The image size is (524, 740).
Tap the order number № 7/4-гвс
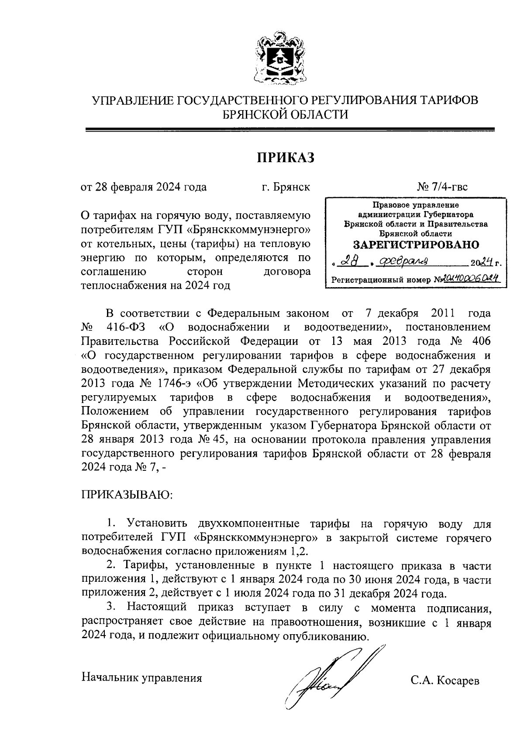[x=442, y=187]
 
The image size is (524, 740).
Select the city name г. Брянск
[x=286, y=187]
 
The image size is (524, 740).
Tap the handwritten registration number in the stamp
[x=471, y=279]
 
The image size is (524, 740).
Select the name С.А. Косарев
[x=445, y=681]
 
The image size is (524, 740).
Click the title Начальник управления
[x=142, y=678]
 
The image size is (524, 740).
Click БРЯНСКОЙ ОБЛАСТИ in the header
[x=285, y=115]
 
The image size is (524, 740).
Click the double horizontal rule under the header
[x=290, y=129]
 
